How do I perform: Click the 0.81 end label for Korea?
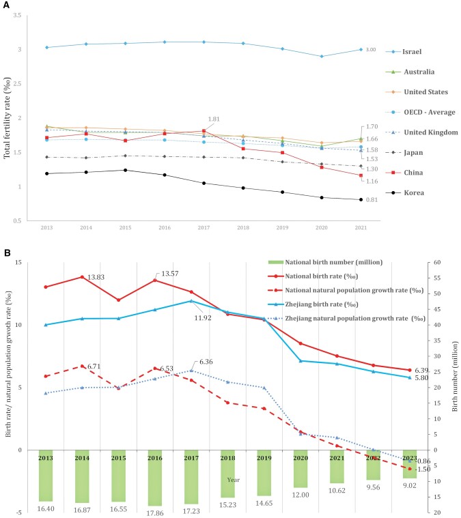click(x=371, y=200)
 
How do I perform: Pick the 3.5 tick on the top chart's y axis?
click(x=16, y=15)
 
